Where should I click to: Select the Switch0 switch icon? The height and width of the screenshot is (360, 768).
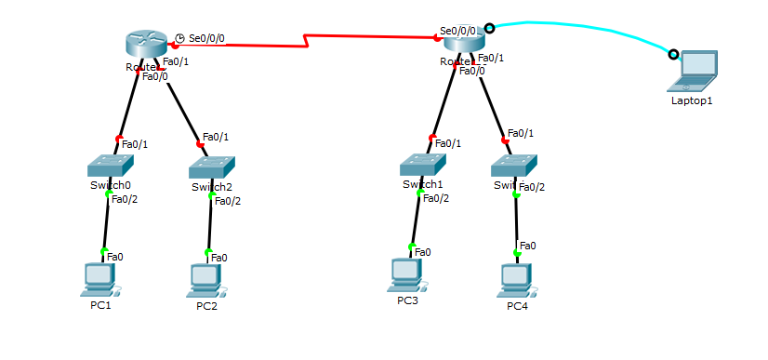[x=110, y=166]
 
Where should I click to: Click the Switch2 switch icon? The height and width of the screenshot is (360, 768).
[x=212, y=167]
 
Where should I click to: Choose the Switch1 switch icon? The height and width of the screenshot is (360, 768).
[x=423, y=165]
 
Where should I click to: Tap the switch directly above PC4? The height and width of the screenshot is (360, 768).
[x=514, y=166]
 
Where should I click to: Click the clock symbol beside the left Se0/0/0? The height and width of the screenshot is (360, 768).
[x=179, y=38]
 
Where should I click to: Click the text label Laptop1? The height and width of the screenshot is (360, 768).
[x=692, y=100]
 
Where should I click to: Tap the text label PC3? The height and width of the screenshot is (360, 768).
[x=407, y=300]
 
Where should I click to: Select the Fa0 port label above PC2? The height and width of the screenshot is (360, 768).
[x=218, y=258]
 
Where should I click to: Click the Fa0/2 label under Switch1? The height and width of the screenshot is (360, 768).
[x=435, y=197]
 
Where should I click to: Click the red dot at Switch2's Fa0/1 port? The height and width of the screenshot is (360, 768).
[x=199, y=144]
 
